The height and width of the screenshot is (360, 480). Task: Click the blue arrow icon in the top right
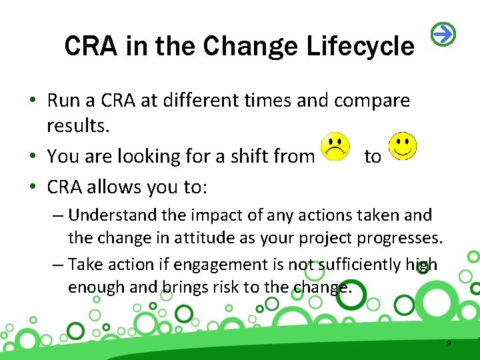[444, 34]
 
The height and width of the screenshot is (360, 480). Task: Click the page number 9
[449, 343]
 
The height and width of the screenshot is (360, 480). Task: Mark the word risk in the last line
[224, 288]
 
